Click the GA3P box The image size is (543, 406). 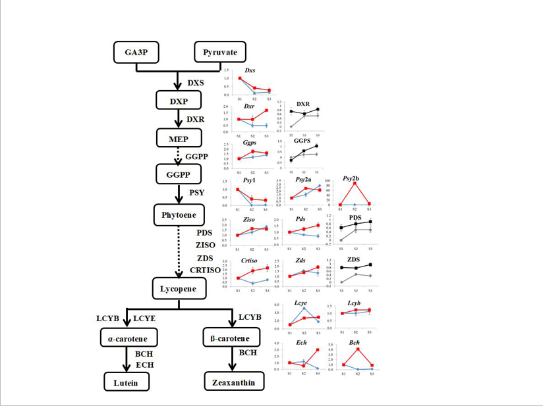136,51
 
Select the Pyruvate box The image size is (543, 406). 220,51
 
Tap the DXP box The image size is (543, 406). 177,100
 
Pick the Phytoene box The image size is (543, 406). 179,214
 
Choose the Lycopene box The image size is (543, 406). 179,288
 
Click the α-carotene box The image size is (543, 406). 125,339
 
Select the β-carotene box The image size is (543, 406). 230,339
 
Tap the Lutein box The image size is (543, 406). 125,382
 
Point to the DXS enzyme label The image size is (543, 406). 196,83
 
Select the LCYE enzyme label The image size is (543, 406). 144,318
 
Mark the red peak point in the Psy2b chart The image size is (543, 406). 355,184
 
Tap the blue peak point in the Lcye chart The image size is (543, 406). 304,308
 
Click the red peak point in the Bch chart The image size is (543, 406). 357,349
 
